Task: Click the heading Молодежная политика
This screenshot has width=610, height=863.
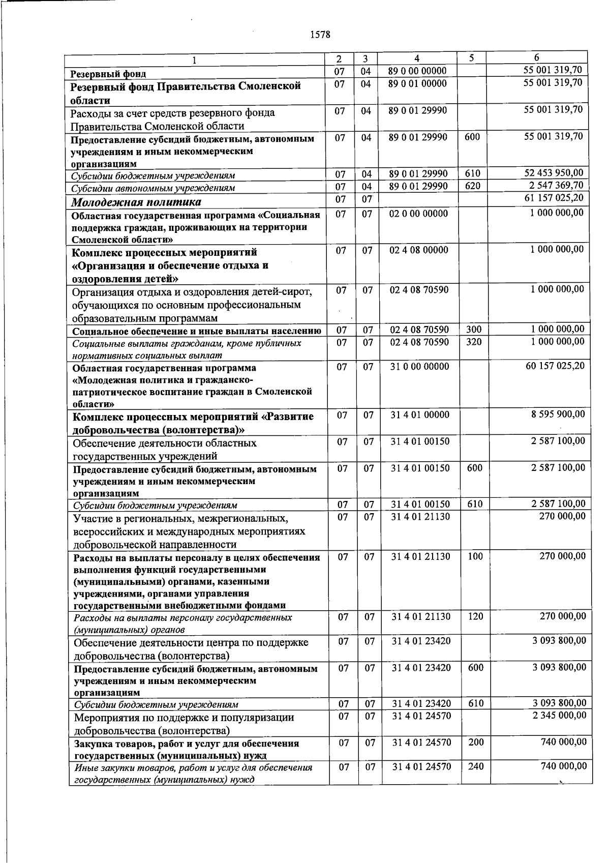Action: [x=136, y=202]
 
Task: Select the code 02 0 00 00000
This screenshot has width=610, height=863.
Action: [x=418, y=214]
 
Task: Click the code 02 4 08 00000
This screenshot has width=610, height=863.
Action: [x=419, y=250]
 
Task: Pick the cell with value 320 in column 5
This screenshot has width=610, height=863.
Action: [x=474, y=342]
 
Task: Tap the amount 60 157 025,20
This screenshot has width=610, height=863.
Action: [x=555, y=366]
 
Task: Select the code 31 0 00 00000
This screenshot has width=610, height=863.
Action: [x=419, y=366]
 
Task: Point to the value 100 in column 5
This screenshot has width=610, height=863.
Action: [x=475, y=556]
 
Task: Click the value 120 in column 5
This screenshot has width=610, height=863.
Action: [x=475, y=616]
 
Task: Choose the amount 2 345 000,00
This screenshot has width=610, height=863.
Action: [x=559, y=716]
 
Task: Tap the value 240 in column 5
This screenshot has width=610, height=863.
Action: [x=476, y=766]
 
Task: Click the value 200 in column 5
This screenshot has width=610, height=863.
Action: [x=476, y=742]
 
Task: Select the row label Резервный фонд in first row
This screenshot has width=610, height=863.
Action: [x=108, y=74]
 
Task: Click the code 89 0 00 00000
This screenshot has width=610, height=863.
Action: [x=417, y=71]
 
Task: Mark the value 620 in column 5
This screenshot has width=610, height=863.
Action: [x=472, y=186]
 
